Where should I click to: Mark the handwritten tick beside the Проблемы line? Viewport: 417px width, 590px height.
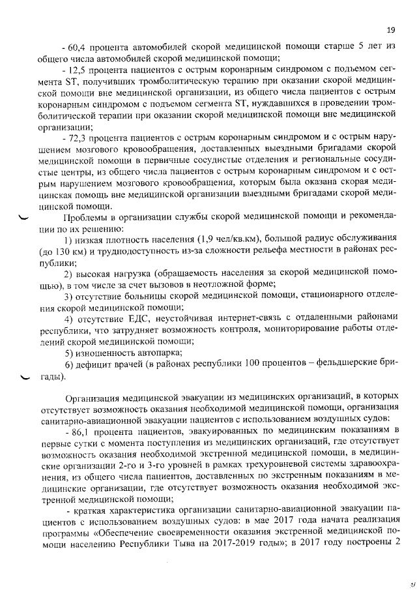point(24,219)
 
